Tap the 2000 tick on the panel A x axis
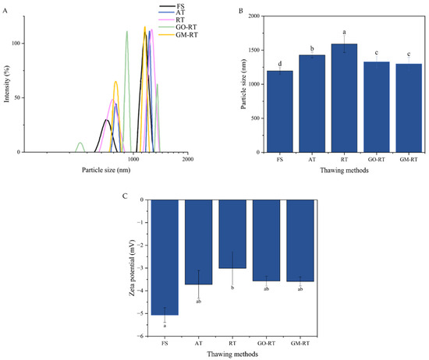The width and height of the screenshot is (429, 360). click(x=188, y=158)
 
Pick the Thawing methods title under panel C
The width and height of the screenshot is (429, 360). click(x=232, y=353)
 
